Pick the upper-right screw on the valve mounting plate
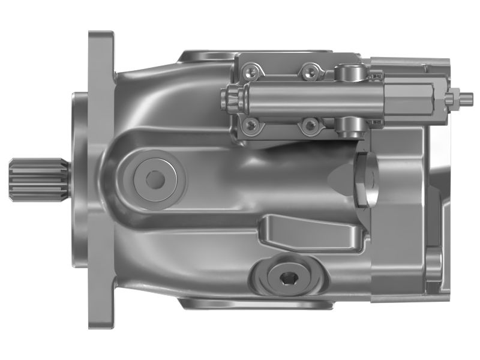click(x=310, y=72)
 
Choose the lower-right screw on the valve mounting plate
click(x=310, y=125)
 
